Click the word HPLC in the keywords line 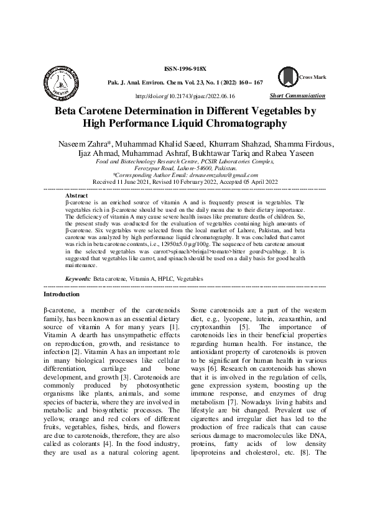(x=165, y=280)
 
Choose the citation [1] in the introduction (x=175, y=327)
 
